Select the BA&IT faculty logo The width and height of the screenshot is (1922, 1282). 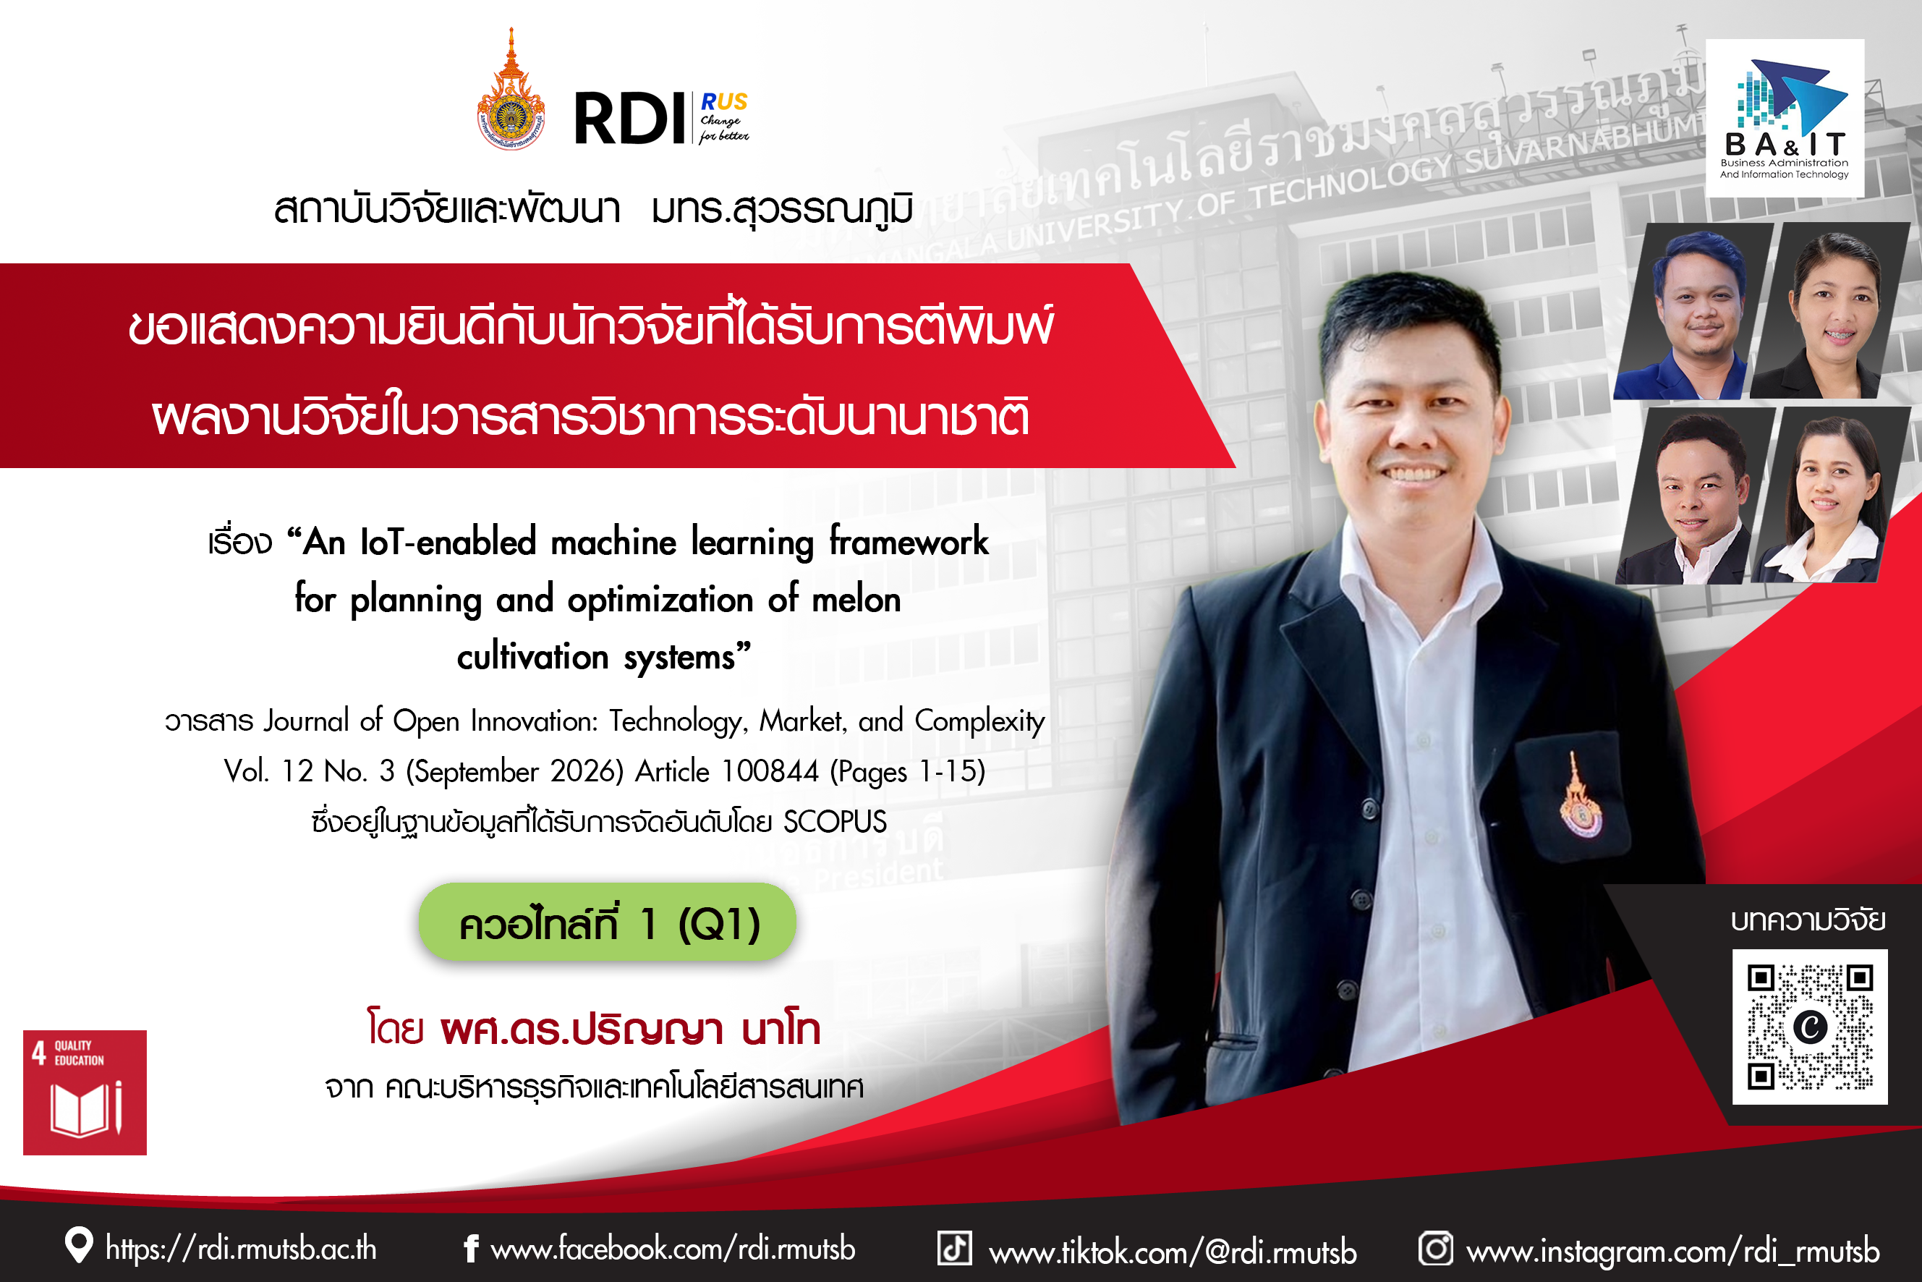(1785, 119)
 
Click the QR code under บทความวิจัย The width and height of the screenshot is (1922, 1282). (1809, 1027)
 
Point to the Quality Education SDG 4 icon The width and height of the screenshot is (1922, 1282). (85, 1092)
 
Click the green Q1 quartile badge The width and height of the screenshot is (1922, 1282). (608, 922)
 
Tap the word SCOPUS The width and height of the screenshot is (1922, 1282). (835, 822)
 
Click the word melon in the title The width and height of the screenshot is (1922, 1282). (856, 600)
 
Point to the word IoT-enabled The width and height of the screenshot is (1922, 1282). (448, 542)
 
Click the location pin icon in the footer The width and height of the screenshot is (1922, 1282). (78, 1245)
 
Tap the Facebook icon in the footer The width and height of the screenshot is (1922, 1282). (471, 1249)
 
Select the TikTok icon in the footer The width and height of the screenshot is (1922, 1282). (954, 1248)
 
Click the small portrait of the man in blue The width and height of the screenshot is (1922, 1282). (1691, 312)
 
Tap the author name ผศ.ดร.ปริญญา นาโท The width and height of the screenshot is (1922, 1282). (630, 1030)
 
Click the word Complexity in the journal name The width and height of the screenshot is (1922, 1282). (979, 721)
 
